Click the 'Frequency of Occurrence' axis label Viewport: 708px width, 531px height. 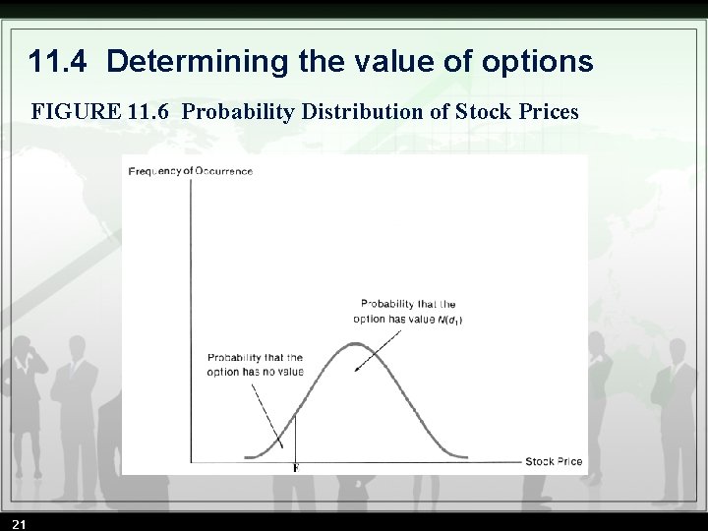(x=191, y=171)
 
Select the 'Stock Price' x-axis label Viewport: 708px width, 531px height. (x=554, y=461)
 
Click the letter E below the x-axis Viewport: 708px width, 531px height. (x=295, y=469)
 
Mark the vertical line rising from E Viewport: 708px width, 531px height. (x=295, y=438)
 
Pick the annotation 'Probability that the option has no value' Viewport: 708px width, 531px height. (x=255, y=364)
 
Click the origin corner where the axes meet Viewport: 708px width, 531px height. (x=191, y=461)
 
